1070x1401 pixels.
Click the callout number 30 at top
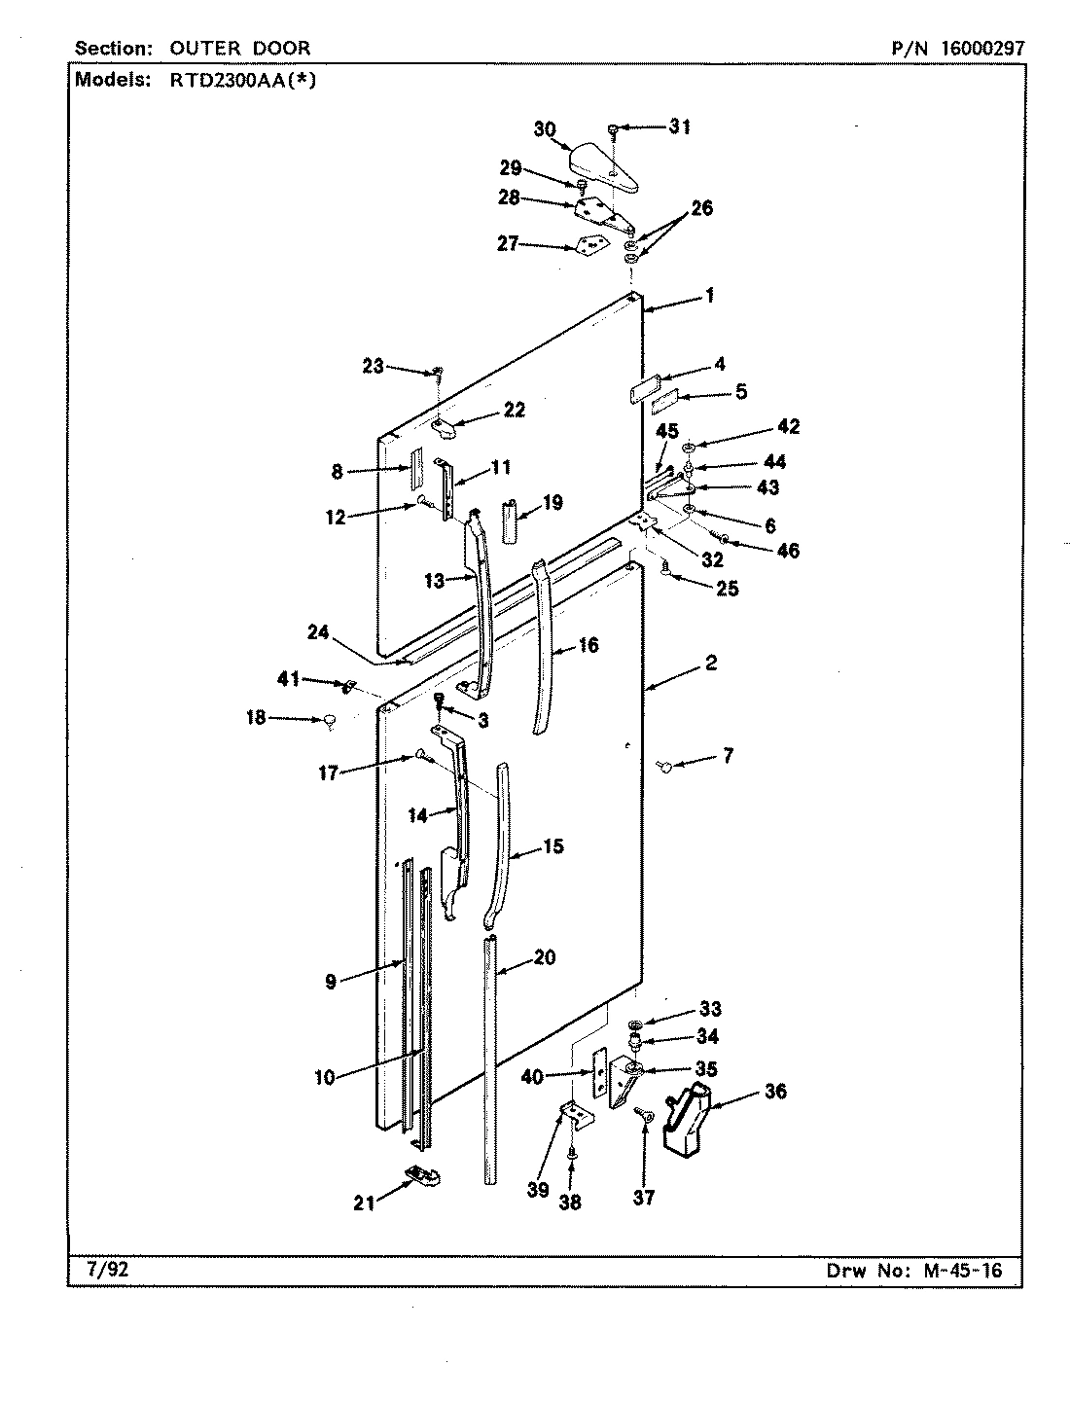545,129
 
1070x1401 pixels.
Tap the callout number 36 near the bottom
774,1092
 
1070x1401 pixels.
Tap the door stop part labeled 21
420,1175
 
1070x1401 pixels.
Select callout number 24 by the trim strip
318,631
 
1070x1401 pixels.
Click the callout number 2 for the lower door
711,663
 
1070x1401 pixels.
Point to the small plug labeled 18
330,720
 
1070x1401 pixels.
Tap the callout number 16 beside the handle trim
588,645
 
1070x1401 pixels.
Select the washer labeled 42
688,448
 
